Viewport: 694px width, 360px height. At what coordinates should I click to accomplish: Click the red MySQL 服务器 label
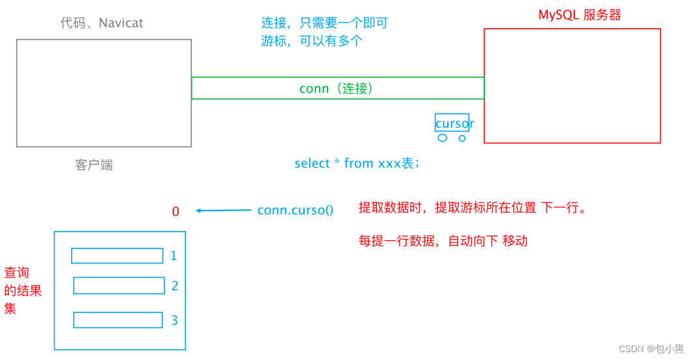(579, 15)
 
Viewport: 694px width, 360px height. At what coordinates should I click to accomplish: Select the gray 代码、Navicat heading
(102, 23)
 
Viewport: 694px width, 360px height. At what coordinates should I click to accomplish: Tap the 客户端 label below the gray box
(94, 165)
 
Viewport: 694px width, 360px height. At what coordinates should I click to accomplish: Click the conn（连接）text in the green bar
(336, 88)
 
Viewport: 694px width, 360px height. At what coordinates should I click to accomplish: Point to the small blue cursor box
(452, 123)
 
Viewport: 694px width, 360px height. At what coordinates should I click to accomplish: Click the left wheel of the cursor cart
(443, 138)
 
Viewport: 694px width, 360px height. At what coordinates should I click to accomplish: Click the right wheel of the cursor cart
(462, 138)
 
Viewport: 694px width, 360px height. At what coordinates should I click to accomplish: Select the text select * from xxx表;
(357, 164)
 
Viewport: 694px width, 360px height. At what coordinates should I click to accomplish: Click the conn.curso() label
(295, 210)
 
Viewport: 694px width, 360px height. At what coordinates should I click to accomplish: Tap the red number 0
(175, 211)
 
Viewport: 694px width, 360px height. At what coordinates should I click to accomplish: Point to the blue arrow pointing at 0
(223, 210)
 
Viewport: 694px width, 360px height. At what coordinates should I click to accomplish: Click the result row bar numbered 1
(117, 256)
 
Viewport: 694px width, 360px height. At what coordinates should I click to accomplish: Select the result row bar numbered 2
(119, 286)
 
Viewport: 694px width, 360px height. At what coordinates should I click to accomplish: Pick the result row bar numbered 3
(117, 320)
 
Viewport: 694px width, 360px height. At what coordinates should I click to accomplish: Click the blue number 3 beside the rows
(174, 320)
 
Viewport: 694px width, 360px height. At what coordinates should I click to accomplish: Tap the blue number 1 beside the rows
(173, 256)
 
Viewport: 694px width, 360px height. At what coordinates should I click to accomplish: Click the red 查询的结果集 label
(22, 290)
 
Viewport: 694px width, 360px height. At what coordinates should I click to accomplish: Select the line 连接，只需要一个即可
(324, 23)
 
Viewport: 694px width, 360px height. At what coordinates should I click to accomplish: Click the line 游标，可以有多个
(311, 40)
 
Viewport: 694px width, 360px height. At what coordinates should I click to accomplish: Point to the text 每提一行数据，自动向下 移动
(443, 241)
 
